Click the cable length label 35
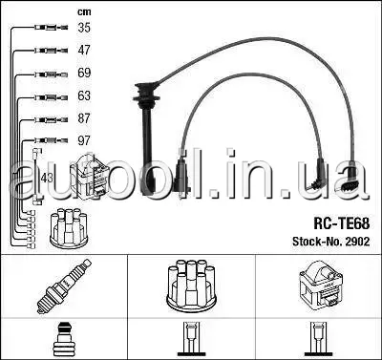[x=84, y=28]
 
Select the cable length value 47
[x=84, y=50]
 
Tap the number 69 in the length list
[x=84, y=73]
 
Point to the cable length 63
[x=84, y=95]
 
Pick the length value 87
[x=84, y=118]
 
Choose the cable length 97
[x=84, y=140]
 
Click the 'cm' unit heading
[x=84, y=12]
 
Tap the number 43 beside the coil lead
[x=47, y=178]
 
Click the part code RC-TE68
[x=342, y=223]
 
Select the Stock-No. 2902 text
[x=331, y=242]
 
